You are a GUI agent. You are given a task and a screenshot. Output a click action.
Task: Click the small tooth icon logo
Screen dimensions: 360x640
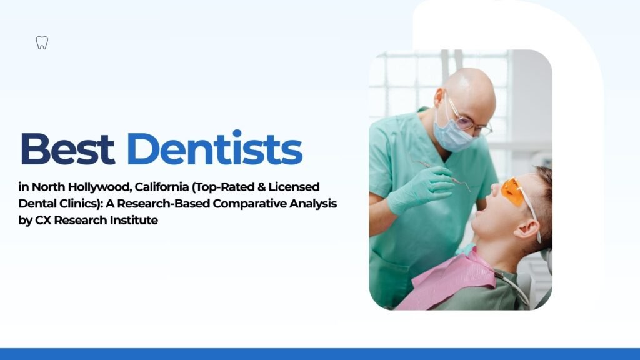tap(42, 43)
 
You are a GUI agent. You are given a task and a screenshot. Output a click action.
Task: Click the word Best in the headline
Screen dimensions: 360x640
tap(67, 149)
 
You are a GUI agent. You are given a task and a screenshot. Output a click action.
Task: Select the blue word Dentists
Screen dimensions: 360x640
tap(214, 149)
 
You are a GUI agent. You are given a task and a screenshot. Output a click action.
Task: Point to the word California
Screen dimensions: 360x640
tap(162, 187)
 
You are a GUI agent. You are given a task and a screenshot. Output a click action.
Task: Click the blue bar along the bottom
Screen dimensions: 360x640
tap(320, 354)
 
